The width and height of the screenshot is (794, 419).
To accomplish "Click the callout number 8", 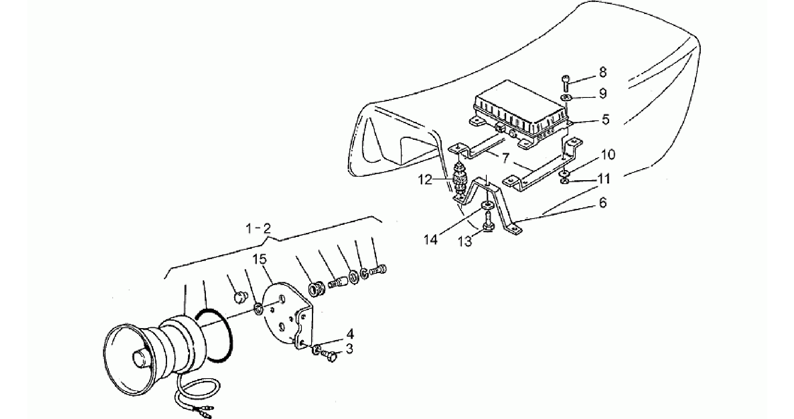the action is pos(602,73).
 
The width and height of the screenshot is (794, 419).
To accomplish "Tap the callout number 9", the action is pos(602,94).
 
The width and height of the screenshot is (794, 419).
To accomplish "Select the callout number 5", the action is pos(606,120).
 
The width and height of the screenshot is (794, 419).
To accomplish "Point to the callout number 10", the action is pos(608,155).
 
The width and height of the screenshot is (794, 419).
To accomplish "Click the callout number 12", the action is pos(425,180).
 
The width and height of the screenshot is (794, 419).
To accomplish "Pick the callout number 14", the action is pos(430,240).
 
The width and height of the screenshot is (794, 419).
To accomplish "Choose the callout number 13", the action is pos(465,241).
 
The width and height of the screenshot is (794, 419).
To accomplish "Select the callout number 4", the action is pos(350,334).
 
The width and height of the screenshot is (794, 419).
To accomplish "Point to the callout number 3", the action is pos(350,349).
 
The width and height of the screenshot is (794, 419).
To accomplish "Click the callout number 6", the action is pos(602,203).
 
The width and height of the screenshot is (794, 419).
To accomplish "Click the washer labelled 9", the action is pos(566,97).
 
